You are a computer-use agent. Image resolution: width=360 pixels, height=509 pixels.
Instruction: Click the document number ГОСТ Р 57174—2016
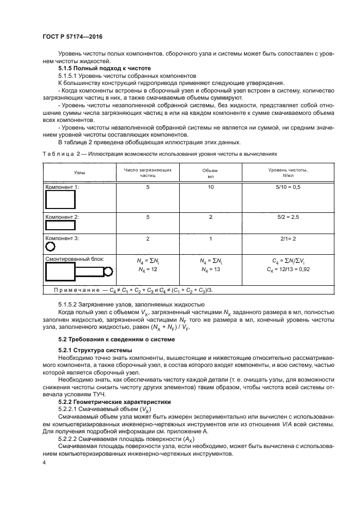[72, 36]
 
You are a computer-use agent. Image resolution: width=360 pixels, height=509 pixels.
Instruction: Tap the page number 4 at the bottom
[44, 463]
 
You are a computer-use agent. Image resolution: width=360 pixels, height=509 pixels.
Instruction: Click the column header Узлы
[79, 173]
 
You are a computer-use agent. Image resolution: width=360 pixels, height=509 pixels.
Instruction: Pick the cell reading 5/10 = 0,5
[288, 187]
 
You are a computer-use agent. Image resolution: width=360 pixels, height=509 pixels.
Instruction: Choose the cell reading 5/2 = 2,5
[288, 217]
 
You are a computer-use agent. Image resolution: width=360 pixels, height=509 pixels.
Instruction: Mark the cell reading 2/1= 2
[288, 238]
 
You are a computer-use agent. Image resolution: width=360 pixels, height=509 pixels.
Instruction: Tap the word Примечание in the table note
[78, 289]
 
